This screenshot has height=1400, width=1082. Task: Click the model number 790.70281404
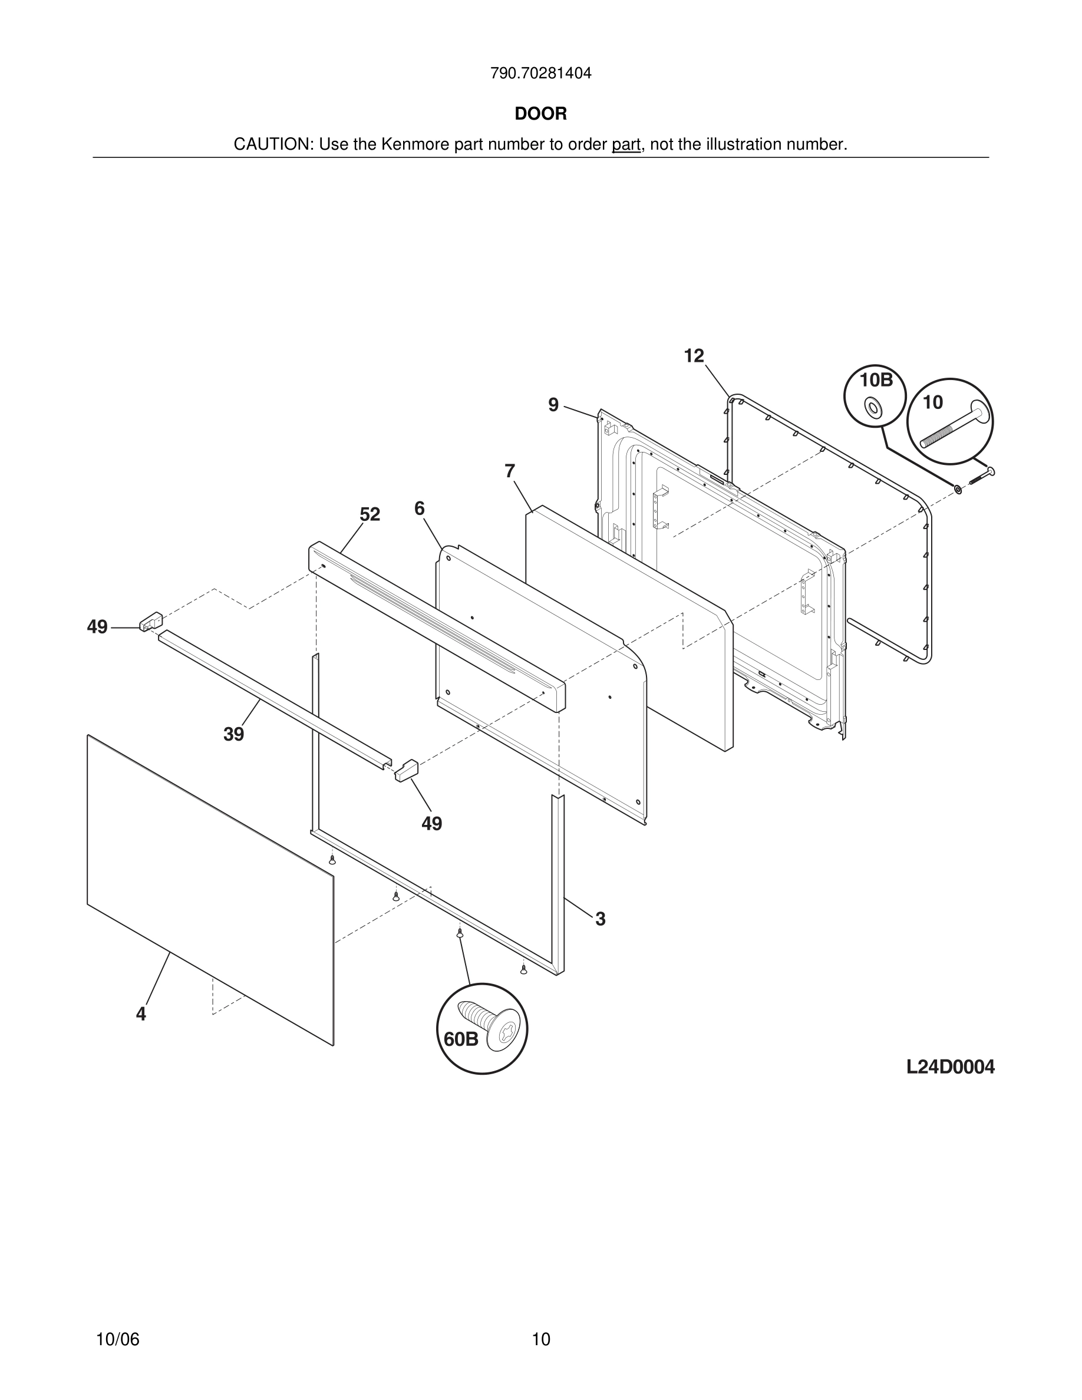(x=540, y=73)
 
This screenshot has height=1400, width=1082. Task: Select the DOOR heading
(x=540, y=114)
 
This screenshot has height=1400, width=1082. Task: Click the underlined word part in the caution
(x=626, y=144)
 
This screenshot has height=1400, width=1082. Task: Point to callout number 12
(x=694, y=356)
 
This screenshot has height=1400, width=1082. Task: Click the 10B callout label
(x=876, y=380)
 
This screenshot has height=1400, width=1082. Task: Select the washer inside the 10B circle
(x=872, y=407)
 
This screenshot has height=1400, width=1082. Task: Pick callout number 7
(x=510, y=471)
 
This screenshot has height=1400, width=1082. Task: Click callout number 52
(x=370, y=514)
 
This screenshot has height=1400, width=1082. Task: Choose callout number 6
(x=419, y=509)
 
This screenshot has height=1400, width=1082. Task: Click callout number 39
(x=233, y=735)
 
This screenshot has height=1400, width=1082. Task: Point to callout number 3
(x=600, y=919)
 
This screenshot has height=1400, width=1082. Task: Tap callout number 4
(x=140, y=1014)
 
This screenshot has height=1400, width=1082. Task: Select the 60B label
(x=461, y=1039)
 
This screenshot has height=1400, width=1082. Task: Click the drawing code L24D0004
(x=950, y=1067)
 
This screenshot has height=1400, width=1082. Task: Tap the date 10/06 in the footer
(x=117, y=1339)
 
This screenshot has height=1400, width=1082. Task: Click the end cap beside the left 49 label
(x=151, y=621)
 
